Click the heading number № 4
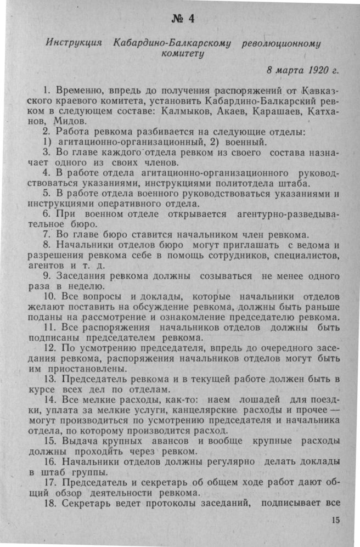coord(183,18)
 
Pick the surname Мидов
coord(70,121)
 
